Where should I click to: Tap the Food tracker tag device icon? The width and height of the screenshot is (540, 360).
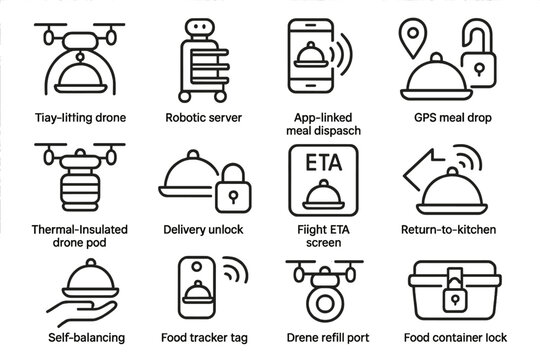(x=198, y=290)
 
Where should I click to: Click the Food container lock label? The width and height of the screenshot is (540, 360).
(x=456, y=337)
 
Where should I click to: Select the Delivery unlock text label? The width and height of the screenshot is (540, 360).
(x=203, y=229)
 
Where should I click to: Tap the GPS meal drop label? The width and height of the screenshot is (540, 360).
(x=454, y=117)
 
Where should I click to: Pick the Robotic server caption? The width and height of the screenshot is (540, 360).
(x=203, y=117)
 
